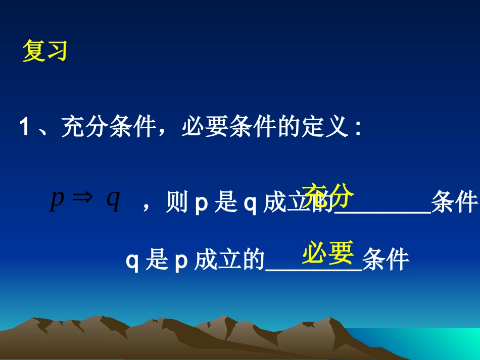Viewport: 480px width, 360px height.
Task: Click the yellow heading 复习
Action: click(45, 52)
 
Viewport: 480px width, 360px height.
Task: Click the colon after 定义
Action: click(358, 128)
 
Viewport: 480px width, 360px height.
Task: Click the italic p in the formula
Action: click(57, 199)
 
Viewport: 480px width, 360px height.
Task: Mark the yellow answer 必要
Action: click(327, 252)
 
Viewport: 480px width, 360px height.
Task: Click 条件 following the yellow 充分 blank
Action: click(454, 203)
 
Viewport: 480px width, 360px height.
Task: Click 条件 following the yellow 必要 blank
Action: click(386, 260)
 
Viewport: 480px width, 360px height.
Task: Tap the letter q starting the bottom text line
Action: click(132, 261)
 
